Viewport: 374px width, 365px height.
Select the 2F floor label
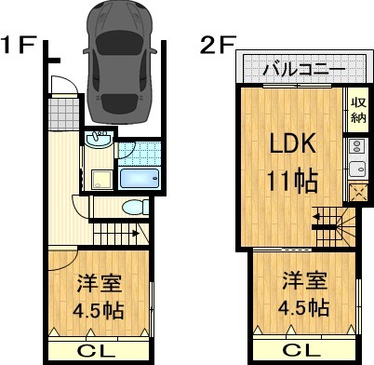point(217,44)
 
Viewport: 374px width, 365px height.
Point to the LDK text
point(293,144)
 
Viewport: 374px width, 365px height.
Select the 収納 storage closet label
point(358,110)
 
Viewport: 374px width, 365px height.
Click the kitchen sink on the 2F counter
point(357,169)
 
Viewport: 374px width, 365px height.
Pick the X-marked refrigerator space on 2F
point(357,193)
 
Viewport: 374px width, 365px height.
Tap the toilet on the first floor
point(134,208)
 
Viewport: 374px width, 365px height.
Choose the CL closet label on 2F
point(304,351)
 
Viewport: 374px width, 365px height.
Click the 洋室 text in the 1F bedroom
point(96,281)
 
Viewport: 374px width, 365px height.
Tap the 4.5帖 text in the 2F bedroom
point(303,306)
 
